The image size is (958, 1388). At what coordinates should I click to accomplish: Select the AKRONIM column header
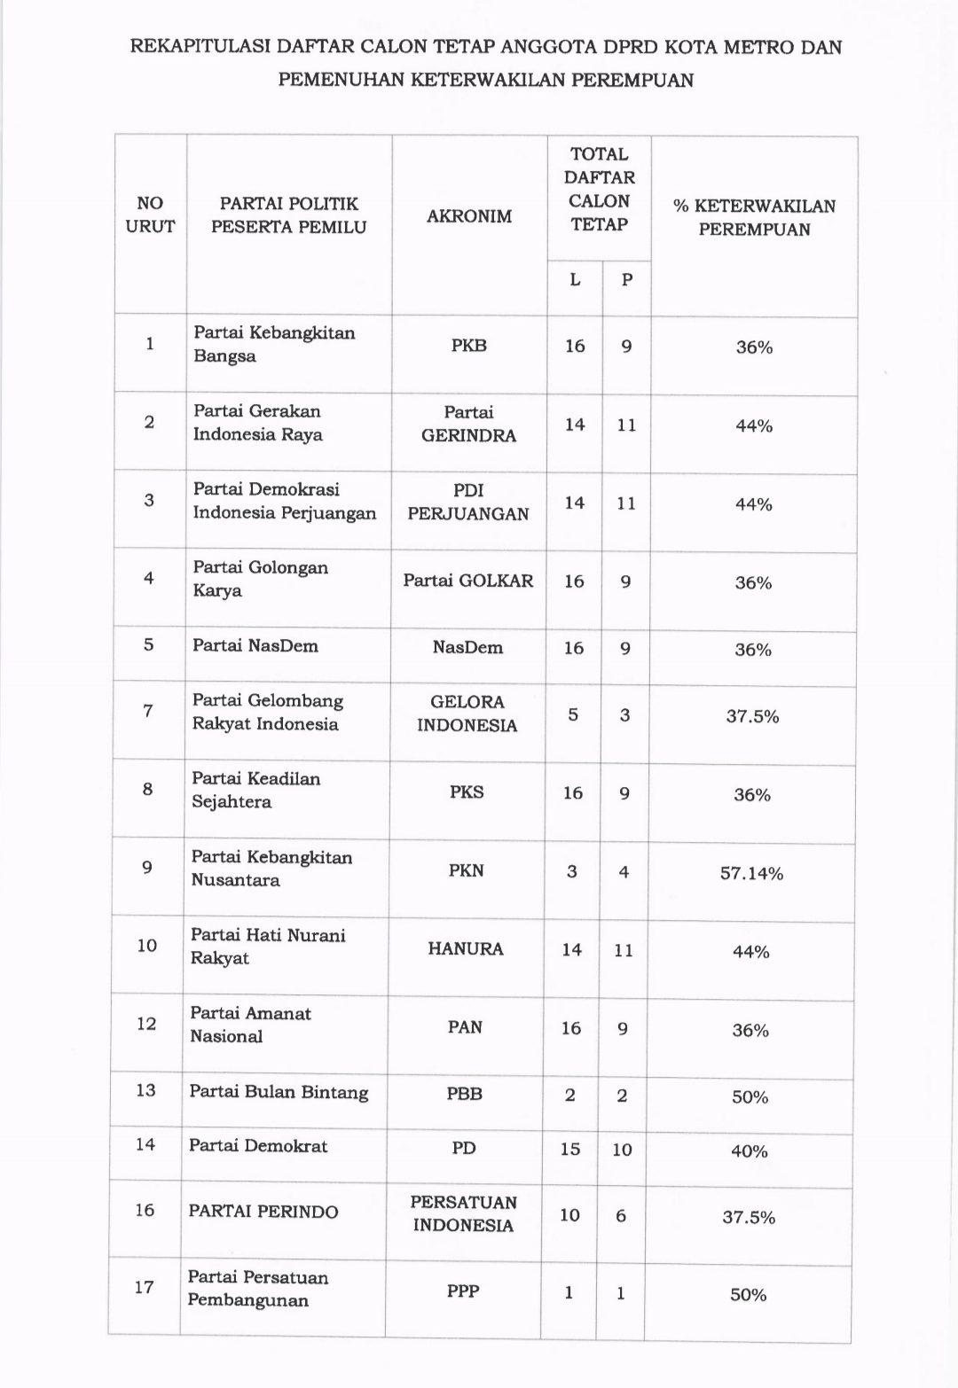click(469, 216)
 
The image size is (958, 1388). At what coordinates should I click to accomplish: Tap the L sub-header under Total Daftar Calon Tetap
click(575, 280)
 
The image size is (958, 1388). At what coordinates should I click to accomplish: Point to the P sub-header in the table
click(627, 280)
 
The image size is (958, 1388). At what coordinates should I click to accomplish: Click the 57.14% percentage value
click(751, 874)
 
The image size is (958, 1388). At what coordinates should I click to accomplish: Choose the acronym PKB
click(468, 346)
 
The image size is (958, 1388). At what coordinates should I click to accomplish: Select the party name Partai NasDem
click(255, 646)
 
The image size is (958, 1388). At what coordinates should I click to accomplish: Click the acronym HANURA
click(466, 949)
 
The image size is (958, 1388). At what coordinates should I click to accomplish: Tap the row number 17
click(145, 1287)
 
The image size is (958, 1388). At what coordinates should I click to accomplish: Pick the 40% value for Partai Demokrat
click(750, 1151)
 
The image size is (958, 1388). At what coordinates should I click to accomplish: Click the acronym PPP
click(463, 1291)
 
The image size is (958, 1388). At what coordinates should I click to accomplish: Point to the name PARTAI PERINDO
click(263, 1212)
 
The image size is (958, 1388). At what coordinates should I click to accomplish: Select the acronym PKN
click(467, 870)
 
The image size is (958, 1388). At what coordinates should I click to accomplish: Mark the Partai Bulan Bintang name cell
click(279, 1092)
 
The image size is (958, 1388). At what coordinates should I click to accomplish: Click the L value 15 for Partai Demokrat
click(570, 1150)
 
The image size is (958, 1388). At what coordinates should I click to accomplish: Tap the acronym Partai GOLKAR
click(468, 581)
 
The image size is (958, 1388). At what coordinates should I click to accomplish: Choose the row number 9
click(147, 868)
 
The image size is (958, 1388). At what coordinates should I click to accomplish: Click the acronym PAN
click(465, 1027)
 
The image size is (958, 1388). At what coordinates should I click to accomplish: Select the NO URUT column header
click(150, 215)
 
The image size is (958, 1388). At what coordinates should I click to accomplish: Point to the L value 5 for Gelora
click(573, 714)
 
